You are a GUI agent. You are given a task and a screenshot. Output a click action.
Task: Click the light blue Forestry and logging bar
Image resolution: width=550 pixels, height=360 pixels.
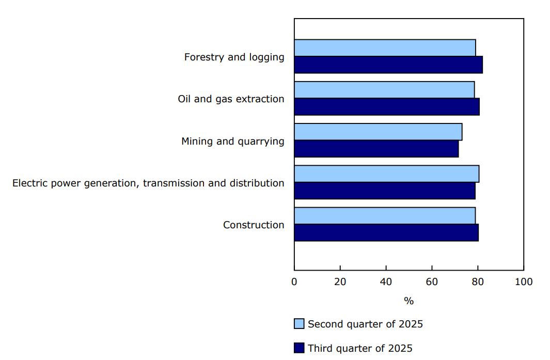tap(385, 48)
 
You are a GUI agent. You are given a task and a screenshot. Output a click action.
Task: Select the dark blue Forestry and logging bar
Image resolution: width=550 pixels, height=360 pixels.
tap(388, 65)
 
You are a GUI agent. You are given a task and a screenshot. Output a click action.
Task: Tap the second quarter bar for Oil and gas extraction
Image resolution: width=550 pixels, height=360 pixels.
tap(384, 90)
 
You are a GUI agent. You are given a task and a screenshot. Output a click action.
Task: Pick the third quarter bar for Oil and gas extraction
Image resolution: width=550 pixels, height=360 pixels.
tap(387, 107)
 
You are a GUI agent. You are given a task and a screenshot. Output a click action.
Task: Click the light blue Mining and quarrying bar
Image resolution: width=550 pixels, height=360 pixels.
tap(378, 132)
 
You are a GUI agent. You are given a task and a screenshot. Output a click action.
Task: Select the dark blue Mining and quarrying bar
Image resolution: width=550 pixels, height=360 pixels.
tap(376, 149)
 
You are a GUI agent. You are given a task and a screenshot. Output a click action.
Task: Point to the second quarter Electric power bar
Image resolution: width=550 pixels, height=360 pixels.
tap(386, 174)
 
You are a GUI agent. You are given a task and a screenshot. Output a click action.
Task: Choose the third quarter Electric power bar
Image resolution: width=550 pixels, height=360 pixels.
tap(385, 191)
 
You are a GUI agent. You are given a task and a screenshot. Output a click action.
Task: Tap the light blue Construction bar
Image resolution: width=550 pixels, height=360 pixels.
tap(385, 216)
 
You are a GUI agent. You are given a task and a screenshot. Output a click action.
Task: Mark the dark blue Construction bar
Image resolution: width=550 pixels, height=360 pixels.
tap(386, 232)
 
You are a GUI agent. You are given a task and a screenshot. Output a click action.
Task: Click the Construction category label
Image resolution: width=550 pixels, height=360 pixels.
tap(254, 225)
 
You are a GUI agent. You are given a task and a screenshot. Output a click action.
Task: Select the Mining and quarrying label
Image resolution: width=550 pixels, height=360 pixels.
tap(232, 141)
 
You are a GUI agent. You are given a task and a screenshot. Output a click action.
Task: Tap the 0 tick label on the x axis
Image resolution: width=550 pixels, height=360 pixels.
tap(294, 282)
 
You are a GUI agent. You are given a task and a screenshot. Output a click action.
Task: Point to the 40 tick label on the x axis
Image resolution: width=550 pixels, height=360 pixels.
tap(386, 282)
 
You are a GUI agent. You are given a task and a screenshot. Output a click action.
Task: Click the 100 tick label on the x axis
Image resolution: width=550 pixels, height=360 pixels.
tap(524, 282)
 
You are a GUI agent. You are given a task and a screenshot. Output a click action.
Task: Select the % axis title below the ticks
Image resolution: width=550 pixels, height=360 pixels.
tap(408, 301)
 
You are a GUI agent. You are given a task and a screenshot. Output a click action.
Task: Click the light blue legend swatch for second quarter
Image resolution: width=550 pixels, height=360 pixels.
tap(299, 324)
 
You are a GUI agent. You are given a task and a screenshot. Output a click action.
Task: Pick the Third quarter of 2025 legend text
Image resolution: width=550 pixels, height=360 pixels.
tap(360, 349)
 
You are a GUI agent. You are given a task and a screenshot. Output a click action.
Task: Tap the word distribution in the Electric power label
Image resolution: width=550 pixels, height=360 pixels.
tap(257, 183)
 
